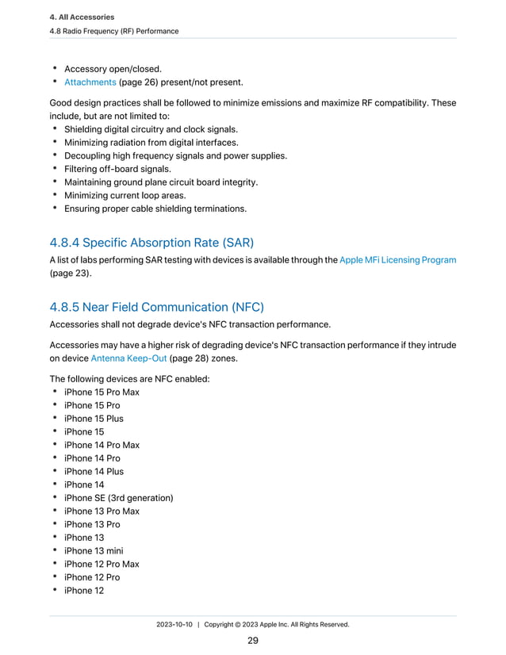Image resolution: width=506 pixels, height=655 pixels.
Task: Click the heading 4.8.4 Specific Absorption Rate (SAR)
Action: point(151,243)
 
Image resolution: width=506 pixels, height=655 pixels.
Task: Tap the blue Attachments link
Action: point(90,82)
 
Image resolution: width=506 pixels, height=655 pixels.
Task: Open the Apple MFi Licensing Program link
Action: point(397,259)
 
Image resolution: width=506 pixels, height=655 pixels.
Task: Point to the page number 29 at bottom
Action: point(253,641)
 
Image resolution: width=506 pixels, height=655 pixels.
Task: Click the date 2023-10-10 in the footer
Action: point(174,624)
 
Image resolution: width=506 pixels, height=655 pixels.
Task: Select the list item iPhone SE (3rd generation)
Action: point(118,498)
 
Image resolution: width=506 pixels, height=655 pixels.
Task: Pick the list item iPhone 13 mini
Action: point(94,551)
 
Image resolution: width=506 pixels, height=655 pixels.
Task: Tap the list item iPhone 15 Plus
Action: point(94,419)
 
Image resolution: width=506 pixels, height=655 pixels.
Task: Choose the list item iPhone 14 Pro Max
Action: point(102,445)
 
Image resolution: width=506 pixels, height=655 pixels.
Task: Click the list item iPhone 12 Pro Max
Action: point(102,564)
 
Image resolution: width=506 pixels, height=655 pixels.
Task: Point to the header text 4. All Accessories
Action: point(82,17)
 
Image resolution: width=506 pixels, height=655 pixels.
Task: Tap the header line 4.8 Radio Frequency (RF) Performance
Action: point(114,31)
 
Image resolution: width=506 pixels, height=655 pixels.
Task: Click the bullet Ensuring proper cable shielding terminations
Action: point(155,209)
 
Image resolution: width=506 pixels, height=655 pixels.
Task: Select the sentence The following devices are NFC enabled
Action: point(129,379)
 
